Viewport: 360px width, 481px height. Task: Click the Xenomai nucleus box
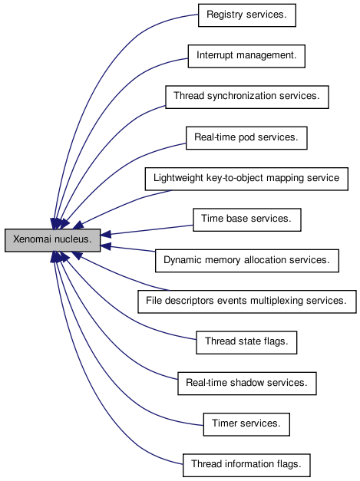tap(52, 240)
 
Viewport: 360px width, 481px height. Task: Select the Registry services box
tap(247, 15)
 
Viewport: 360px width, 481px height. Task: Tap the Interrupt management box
tap(246, 56)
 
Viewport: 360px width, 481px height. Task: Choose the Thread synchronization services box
tap(247, 97)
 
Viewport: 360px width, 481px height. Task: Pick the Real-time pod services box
tap(246, 138)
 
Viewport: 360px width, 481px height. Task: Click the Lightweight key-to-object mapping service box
tap(246, 179)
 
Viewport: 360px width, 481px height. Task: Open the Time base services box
tap(247, 219)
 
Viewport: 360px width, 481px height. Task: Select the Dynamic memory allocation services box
tap(247, 261)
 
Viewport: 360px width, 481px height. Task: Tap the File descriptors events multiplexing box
tap(247, 301)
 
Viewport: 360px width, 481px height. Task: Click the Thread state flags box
tap(246, 342)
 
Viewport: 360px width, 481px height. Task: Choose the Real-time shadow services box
tap(247, 384)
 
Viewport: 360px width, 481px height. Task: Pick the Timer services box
tap(246, 424)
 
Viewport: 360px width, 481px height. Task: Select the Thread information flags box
tap(246, 465)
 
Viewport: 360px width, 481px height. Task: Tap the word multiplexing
tap(277, 301)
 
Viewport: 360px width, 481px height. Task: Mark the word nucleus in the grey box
tap(74, 239)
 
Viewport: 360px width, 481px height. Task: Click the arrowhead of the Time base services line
tap(106, 235)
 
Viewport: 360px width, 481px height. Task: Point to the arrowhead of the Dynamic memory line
tap(106, 246)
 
